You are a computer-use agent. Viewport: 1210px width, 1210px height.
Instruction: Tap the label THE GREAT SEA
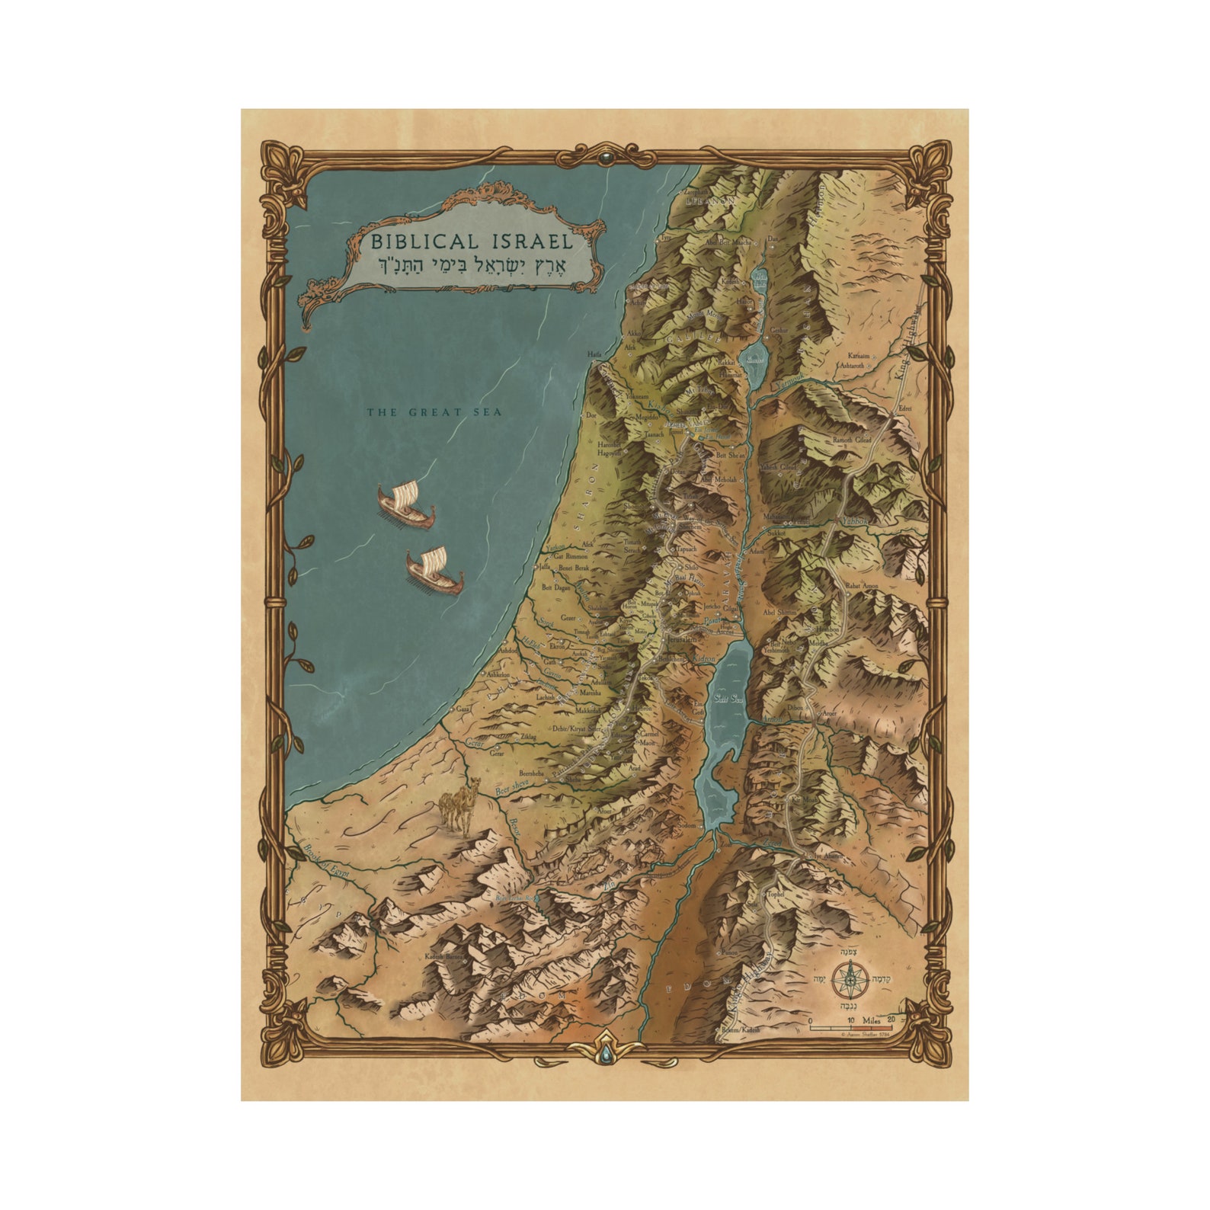[x=434, y=412]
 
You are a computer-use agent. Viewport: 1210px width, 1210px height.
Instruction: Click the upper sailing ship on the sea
[x=406, y=504]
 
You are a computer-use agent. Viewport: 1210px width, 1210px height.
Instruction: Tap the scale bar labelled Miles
[x=850, y=1027]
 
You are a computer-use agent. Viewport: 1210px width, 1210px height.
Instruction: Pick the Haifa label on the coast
[x=595, y=355]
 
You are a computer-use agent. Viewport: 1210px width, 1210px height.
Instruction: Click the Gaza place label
[x=463, y=709]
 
